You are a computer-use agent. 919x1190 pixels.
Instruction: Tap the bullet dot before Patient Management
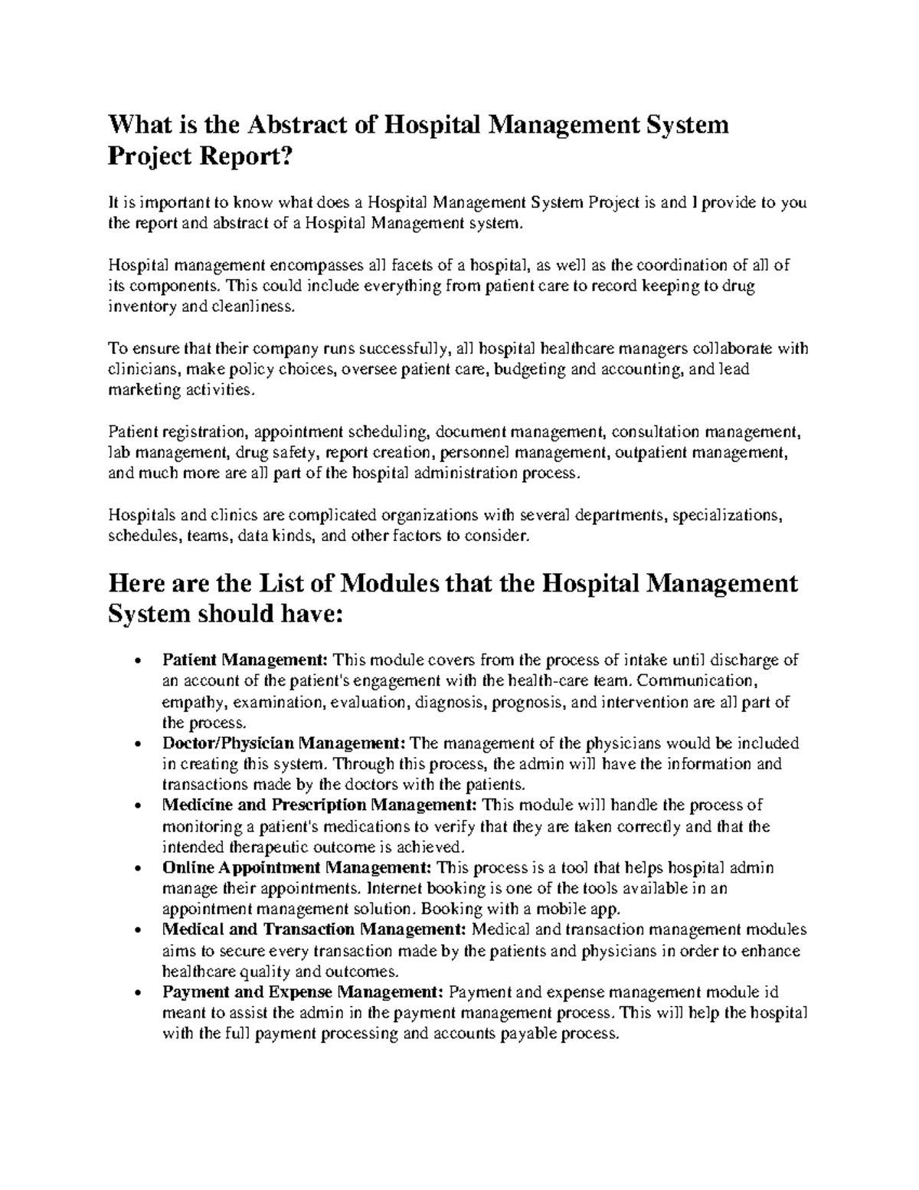pyautogui.click(x=136, y=661)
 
